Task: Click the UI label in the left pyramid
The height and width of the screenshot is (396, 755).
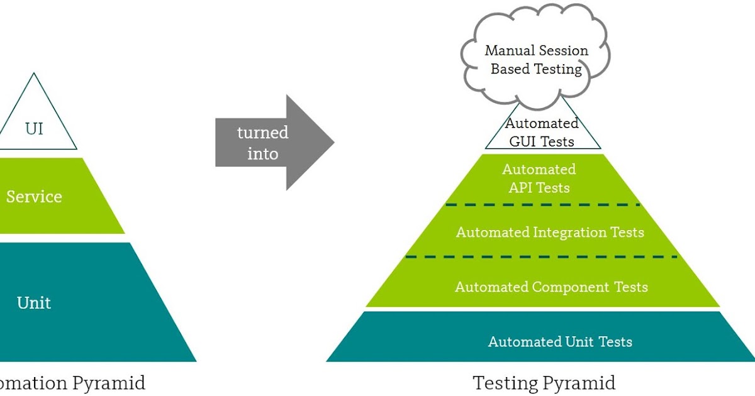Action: (x=34, y=129)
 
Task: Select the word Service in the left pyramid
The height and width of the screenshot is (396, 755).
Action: (x=34, y=197)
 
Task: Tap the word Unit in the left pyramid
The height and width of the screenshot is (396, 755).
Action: (x=34, y=303)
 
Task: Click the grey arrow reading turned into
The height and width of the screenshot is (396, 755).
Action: (x=271, y=143)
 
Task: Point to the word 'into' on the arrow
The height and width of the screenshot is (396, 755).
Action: (x=262, y=153)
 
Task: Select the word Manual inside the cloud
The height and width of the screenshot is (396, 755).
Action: (x=510, y=51)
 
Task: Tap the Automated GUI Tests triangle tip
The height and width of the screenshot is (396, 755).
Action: (x=542, y=132)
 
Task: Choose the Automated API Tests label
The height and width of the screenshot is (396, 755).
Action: (x=539, y=179)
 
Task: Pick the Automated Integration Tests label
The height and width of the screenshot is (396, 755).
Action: (x=550, y=233)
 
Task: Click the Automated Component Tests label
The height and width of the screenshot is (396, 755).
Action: (x=551, y=287)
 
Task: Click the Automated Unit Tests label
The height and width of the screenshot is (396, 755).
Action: (x=560, y=342)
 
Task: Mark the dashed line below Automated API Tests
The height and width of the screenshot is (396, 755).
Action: (x=542, y=205)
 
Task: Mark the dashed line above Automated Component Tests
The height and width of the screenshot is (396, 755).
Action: (x=542, y=256)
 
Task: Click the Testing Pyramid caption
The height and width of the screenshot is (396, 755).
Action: (x=544, y=383)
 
